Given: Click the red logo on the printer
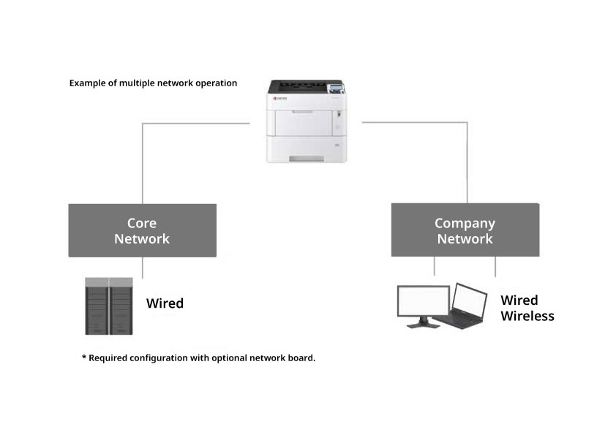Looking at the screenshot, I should [282, 97].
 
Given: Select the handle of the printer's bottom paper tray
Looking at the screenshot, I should [307, 159].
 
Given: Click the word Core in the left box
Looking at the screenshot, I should [142, 223].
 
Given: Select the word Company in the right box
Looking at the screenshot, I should [465, 223].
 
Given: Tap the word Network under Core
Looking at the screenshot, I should [142, 239].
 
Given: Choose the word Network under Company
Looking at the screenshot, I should [465, 239].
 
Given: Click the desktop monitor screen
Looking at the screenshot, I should [423, 300].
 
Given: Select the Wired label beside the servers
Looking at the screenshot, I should [165, 303].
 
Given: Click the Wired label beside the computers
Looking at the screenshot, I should [519, 300].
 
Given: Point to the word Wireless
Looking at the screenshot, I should [527, 317].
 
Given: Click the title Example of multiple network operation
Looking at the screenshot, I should [153, 83].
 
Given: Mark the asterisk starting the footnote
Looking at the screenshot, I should [83, 358].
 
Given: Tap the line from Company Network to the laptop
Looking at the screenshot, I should [495, 267].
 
